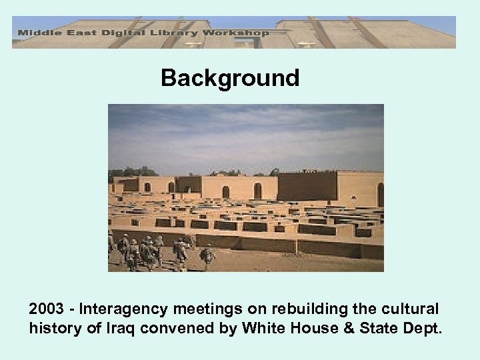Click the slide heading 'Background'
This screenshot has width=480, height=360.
coord(230,79)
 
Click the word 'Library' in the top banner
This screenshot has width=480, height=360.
coord(177,32)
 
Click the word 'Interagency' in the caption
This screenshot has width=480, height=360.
coord(124,309)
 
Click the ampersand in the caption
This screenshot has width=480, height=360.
coord(355,328)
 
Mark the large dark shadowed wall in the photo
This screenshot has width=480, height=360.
coord(307,187)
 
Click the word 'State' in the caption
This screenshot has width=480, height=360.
coord(385,328)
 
